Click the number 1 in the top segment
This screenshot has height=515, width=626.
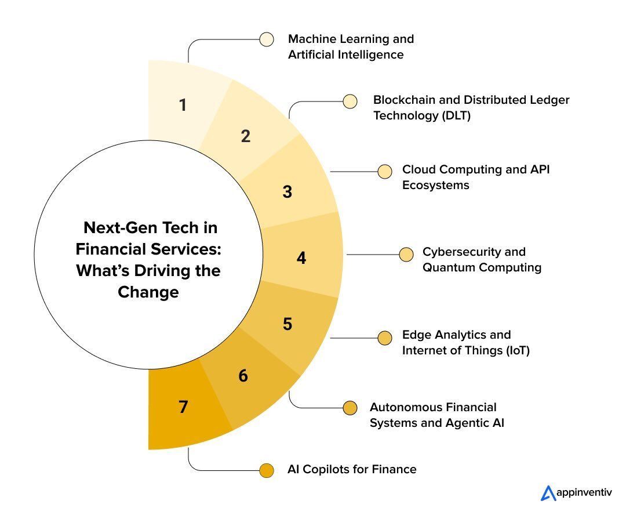[183, 106]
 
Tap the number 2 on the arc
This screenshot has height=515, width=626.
[245, 136]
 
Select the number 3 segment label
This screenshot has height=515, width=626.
[287, 191]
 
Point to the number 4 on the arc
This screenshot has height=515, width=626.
[301, 257]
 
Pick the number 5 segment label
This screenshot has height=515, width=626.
[287, 324]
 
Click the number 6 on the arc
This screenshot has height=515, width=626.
[243, 376]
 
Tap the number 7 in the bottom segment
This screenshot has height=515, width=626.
[183, 407]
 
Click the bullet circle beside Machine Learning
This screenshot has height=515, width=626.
[267, 39]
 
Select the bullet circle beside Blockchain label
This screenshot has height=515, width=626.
[350, 101]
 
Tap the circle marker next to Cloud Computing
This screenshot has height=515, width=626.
[384, 172]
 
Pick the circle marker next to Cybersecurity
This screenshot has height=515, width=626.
[406, 255]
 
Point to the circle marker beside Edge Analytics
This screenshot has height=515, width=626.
[384, 338]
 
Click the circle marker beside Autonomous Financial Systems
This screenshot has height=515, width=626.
[350, 408]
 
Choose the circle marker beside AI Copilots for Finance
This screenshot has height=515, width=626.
[267, 470]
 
